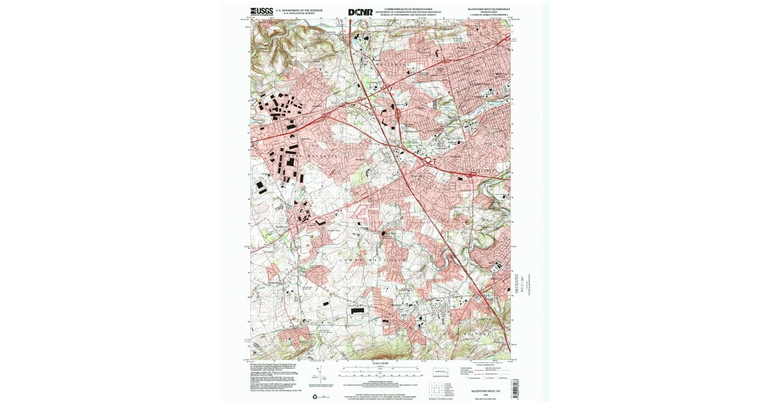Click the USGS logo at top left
(261, 12)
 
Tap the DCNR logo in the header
(360, 12)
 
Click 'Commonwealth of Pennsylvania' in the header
(413, 9)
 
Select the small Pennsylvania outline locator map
(441, 371)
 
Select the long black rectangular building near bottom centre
(356, 310)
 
